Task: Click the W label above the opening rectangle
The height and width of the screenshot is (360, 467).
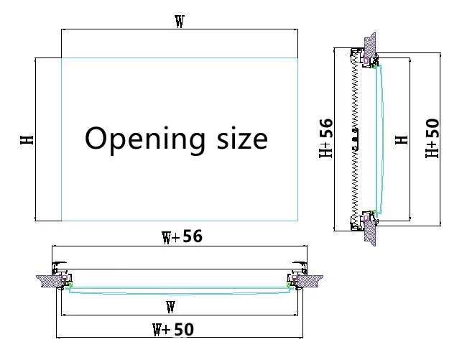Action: coord(179,22)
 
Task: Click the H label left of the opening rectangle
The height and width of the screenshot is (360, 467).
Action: coord(27,139)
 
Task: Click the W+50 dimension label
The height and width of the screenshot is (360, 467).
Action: coord(172,330)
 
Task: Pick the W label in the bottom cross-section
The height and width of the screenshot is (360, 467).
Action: coord(170,308)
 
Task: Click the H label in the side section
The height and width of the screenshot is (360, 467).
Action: coord(402,139)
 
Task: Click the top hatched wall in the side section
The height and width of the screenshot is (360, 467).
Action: coord(371,45)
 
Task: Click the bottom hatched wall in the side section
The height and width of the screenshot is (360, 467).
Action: coord(371,234)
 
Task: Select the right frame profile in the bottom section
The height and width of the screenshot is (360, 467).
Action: coord(294,277)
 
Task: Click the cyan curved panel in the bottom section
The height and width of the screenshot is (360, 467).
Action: coord(180,292)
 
